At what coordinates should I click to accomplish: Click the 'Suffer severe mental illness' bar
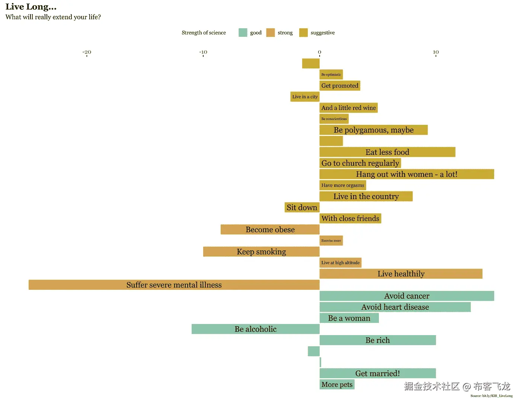(x=174, y=285)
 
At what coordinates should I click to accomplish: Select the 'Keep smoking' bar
(x=261, y=252)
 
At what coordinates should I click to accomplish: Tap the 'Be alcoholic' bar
(x=255, y=329)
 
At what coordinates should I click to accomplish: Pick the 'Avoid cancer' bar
(x=406, y=296)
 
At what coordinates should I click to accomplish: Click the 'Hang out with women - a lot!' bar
(x=406, y=174)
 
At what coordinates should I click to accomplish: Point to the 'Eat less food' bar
(x=387, y=152)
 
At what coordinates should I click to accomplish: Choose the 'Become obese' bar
(x=270, y=230)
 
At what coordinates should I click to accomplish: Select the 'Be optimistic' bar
(x=331, y=75)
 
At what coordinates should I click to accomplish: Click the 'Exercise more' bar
(x=331, y=241)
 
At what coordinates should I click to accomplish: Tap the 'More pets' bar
(x=337, y=385)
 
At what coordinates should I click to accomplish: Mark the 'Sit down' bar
(x=302, y=207)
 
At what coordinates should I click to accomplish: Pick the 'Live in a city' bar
(x=305, y=97)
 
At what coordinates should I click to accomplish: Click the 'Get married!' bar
(x=377, y=373)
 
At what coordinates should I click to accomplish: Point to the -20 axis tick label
(x=87, y=52)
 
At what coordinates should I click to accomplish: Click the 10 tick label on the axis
(x=436, y=52)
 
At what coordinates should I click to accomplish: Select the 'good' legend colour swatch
(x=243, y=33)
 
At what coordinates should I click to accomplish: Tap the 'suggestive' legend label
(x=323, y=33)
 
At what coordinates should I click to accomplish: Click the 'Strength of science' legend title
(x=204, y=33)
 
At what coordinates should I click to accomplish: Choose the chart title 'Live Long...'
(x=31, y=7)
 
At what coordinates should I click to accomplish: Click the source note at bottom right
(x=491, y=396)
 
